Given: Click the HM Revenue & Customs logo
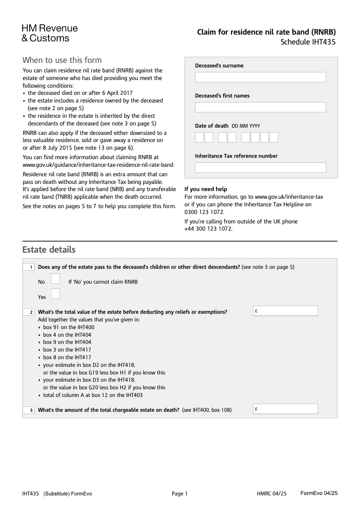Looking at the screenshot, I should [x=49, y=33].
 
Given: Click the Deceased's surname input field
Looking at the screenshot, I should [x=260, y=77].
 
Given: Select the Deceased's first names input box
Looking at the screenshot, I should [x=260, y=107].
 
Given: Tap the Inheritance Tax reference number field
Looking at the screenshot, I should [x=260, y=168].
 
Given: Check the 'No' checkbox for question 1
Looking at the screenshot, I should [x=55, y=279].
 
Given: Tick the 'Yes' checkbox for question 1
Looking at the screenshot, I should [x=55, y=294].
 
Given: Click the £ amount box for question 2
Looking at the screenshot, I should [x=286, y=311].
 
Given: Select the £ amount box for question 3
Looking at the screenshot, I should [x=286, y=409].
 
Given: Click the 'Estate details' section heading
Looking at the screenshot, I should [x=49, y=250].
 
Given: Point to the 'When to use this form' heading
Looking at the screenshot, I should [x=62, y=60].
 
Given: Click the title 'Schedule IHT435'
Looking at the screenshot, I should [x=308, y=43].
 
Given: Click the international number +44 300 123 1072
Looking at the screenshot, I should [x=208, y=229].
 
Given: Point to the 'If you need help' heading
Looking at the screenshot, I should [x=206, y=189].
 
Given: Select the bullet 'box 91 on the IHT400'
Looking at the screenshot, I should [x=68, y=327].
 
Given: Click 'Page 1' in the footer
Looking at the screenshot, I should [x=180, y=494].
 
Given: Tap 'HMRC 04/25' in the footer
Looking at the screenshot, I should [x=271, y=494].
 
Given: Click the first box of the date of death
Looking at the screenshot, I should [x=199, y=137].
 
